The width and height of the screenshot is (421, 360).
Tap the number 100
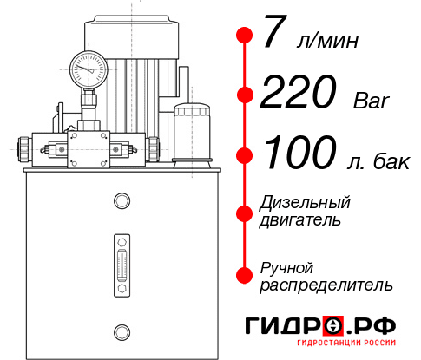point(297,154)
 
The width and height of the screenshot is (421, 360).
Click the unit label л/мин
point(328,40)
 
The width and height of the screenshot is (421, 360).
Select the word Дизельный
point(305,203)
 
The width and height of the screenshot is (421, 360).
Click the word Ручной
point(286,267)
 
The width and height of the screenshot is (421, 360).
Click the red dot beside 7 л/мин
point(245,36)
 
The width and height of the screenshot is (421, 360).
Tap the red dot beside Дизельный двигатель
point(245,212)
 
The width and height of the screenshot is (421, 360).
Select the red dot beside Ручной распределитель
point(245,275)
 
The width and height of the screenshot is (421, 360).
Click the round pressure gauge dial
point(89,66)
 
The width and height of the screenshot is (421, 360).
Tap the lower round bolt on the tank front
point(122,330)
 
